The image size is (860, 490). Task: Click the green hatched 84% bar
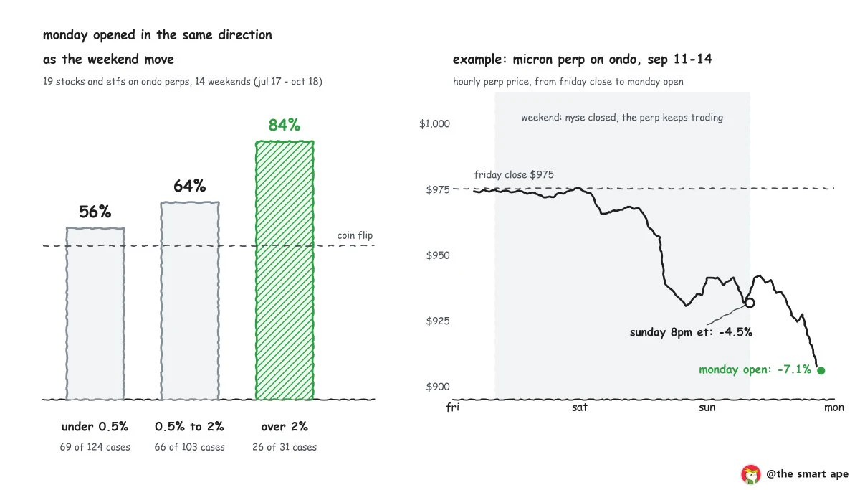pos(285,270)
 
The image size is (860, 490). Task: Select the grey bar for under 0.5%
pos(95,314)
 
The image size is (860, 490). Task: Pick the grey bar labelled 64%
pos(190,301)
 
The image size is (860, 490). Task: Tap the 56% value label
pos(95,212)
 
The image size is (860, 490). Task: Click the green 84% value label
pos(285,125)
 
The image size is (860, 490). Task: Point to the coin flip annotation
pos(355,235)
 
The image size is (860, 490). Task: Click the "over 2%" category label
pos(285,426)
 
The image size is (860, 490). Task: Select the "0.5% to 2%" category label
pos(190,426)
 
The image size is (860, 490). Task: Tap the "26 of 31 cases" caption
pos(285,447)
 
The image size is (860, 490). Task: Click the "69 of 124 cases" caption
pos(95,447)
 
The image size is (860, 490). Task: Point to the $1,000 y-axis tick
pos(434,123)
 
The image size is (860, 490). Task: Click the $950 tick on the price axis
pos(438,255)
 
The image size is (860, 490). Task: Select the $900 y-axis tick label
pos(438,387)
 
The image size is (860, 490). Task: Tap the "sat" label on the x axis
pos(580,407)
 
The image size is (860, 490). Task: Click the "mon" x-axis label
pos(834,407)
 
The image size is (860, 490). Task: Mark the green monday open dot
pos(821,370)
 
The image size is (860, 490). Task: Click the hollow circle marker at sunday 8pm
pos(750,298)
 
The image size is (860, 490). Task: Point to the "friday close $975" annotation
pos(514,175)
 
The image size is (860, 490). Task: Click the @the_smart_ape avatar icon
pos(751,475)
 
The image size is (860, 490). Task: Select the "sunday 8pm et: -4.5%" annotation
pos(691,332)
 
